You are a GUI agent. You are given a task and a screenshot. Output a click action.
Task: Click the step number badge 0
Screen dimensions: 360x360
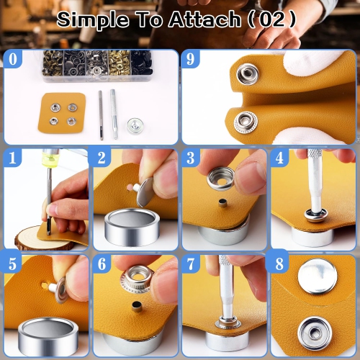12,59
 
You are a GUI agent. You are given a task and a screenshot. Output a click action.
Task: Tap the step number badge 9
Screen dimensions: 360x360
190,59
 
